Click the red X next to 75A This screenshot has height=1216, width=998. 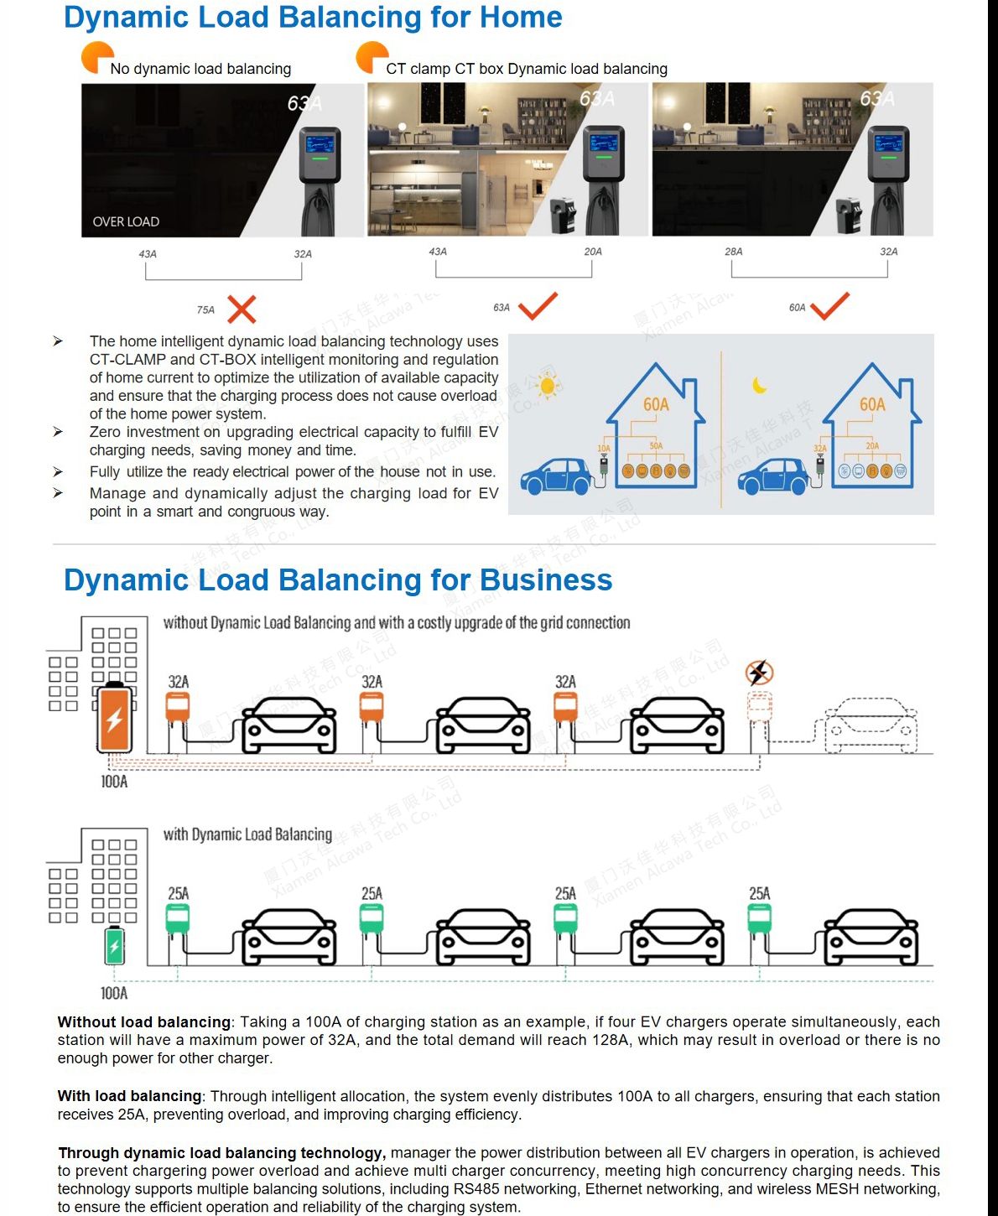tap(242, 309)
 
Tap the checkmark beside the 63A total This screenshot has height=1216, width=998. tap(538, 306)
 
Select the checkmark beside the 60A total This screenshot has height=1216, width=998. tap(830, 306)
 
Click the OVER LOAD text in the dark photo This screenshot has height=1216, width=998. tap(126, 221)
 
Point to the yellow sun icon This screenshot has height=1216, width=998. tap(548, 385)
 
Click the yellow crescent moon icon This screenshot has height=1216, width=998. tap(760, 385)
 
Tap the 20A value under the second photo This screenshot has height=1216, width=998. tap(593, 252)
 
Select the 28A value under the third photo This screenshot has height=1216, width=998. tap(734, 252)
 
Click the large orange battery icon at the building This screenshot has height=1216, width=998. tap(115, 719)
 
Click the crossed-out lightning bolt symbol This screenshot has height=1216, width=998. tap(759, 673)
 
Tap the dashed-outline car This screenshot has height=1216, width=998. tap(871, 725)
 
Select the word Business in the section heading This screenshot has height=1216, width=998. tap(546, 580)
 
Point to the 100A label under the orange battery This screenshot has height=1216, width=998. tap(114, 782)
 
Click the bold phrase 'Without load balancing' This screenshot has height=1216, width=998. tap(143, 1022)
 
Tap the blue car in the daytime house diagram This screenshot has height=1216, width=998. tap(556, 475)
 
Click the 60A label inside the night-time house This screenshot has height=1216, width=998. tap(872, 405)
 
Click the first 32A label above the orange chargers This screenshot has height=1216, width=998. tap(179, 682)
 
